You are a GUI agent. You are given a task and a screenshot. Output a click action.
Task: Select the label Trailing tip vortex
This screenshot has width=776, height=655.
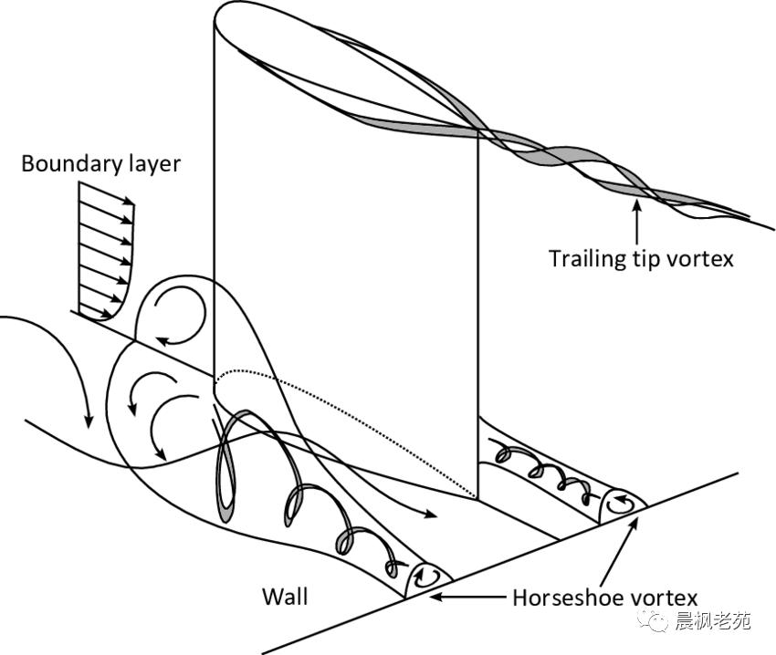tap(640, 258)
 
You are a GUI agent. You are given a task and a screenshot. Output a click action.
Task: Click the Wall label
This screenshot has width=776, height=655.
tap(285, 597)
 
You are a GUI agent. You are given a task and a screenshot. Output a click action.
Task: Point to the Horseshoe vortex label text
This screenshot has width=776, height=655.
tap(604, 598)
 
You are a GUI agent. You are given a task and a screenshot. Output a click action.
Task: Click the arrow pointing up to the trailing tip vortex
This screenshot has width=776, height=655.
tap(636, 220)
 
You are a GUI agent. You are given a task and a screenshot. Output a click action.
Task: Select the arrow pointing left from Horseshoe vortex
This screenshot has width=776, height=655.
tap(466, 598)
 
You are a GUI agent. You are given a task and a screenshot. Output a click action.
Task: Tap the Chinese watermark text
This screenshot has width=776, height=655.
tap(711, 622)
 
